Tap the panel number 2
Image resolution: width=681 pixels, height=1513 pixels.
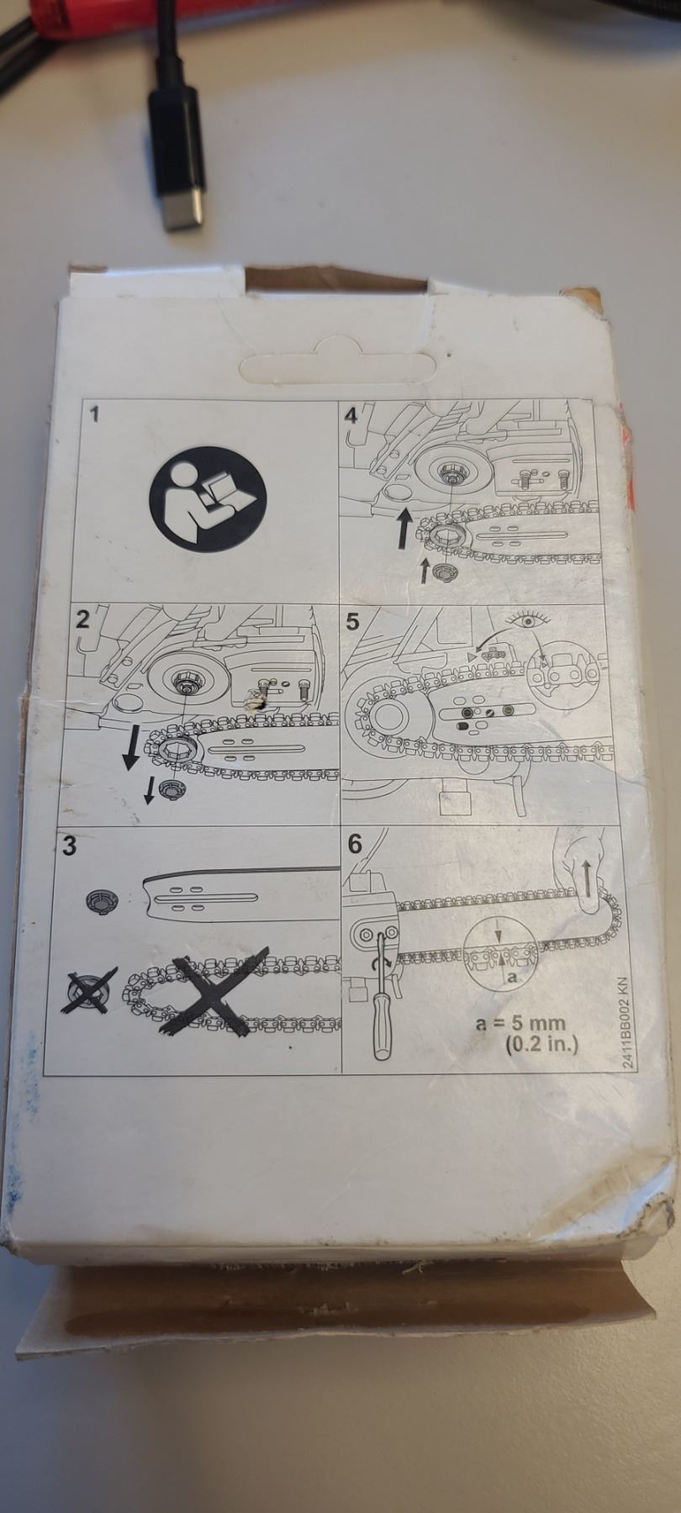tap(82, 619)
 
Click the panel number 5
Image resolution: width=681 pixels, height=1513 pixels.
tap(352, 622)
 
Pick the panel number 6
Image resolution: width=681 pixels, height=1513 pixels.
tap(355, 843)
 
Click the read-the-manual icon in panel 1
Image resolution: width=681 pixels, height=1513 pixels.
tap(208, 491)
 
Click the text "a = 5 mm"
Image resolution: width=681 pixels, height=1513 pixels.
tap(520, 1024)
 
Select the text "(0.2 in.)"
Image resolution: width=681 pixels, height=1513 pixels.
tap(541, 1046)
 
